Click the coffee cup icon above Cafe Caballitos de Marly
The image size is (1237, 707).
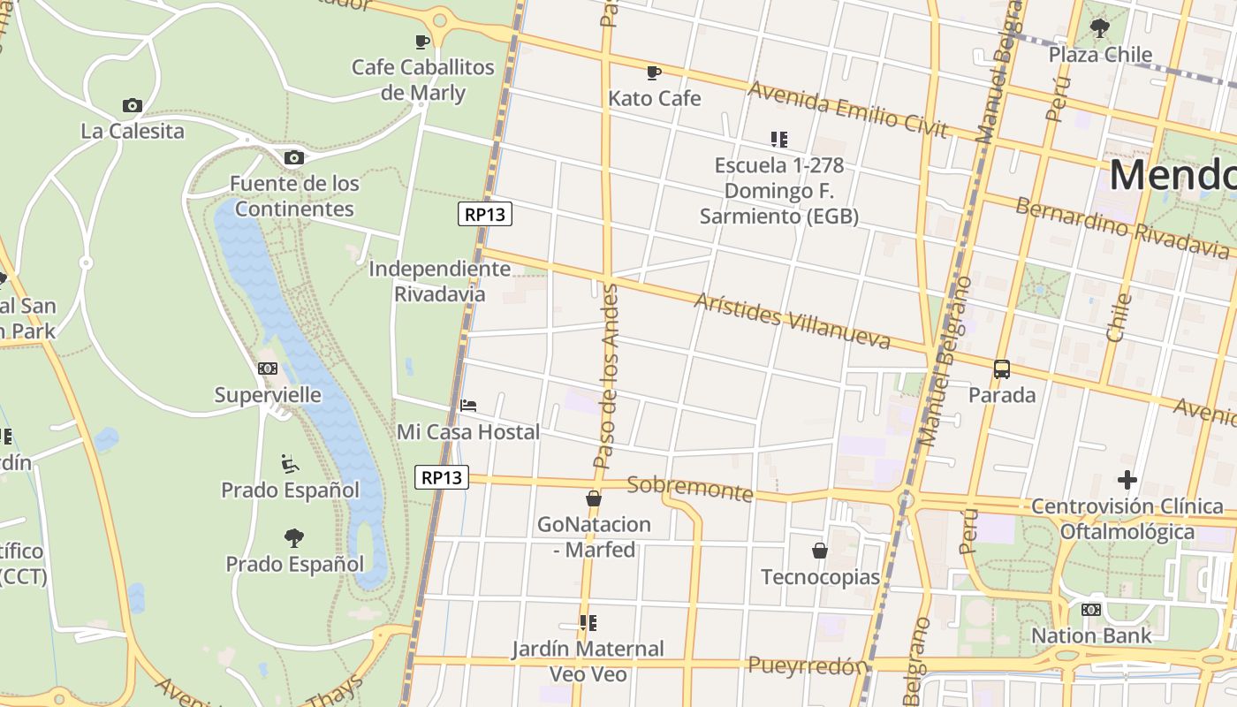pos(422,41)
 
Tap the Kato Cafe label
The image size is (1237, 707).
pos(654,98)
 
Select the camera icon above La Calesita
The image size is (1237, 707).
pos(133,105)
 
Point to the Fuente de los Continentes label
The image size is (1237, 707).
pos(294,196)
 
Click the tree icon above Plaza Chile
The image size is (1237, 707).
pos(1100,28)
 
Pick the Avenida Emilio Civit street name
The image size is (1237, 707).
pos(847,110)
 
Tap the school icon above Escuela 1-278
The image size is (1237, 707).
pos(778,139)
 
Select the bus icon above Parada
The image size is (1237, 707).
pos(1001,369)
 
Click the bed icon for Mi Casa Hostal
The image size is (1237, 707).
pos(468,406)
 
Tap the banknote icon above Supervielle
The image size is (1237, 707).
pos(268,369)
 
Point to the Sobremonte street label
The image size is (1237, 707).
pos(689,489)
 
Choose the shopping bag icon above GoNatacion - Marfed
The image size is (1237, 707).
pos(594,498)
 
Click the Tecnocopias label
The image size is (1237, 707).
pos(820,577)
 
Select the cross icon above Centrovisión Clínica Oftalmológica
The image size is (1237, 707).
pos(1127,480)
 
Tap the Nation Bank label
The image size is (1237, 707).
pos(1091,635)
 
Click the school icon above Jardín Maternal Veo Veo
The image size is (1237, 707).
pos(588,622)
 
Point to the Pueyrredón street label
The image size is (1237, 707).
pos(807,665)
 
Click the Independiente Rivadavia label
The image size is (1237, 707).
pos(439,281)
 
